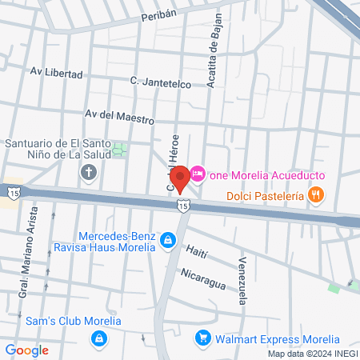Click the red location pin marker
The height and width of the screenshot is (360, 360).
pos(181,178)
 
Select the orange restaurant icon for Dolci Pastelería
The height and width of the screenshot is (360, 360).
pos(317,194)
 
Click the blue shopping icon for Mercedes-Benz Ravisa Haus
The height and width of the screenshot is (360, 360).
pos(167,239)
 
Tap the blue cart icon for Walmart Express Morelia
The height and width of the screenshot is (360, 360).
pos(203,338)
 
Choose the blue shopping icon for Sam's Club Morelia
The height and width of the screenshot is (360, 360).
pos(98,338)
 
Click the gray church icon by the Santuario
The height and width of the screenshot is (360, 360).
pos(89,172)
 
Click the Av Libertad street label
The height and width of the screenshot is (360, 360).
pos(56,74)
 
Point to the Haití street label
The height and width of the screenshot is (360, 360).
pos(196,253)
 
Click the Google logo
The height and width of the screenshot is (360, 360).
pos(26,350)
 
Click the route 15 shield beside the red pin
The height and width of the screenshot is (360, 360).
pos(184,206)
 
